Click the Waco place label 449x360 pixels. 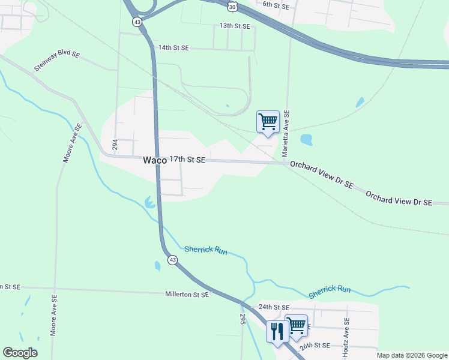point(154,160)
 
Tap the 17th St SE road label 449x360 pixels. point(187,160)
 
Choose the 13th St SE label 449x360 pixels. point(234,26)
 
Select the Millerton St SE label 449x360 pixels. point(187,295)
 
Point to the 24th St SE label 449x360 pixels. point(274,307)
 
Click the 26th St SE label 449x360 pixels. point(315,346)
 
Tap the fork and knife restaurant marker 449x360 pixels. point(277,331)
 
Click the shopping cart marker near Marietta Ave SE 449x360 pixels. point(268,121)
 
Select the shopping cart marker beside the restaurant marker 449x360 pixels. point(297,325)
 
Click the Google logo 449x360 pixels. point(20,353)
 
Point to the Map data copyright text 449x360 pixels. point(411,355)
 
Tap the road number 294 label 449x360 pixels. point(115,144)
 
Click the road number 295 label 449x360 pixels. point(243,319)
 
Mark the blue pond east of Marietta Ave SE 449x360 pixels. point(306,140)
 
